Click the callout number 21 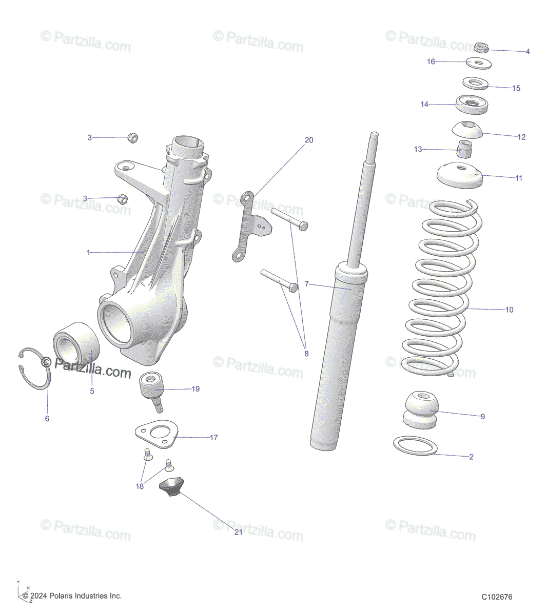click(x=238, y=532)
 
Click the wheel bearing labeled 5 click(x=77, y=343)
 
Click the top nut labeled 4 click(x=481, y=49)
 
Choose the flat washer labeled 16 click(x=479, y=63)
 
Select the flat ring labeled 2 click(x=415, y=446)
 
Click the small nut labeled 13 click(x=464, y=150)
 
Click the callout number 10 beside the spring click(x=509, y=310)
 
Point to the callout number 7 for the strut click(x=306, y=284)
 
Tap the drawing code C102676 click(x=497, y=597)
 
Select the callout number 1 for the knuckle click(x=88, y=253)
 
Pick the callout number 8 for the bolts click(x=306, y=354)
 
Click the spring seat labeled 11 click(x=460, y=176)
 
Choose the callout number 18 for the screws click(x=140, y=486)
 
